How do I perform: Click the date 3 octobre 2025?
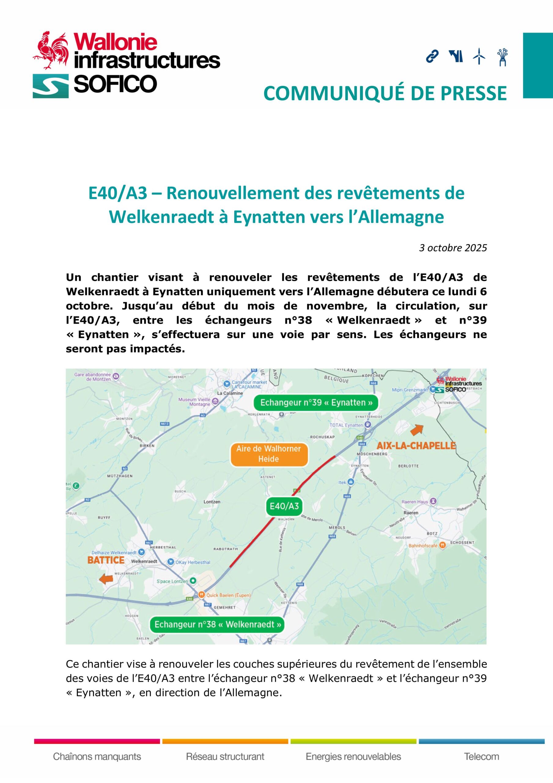(x=453, y=248)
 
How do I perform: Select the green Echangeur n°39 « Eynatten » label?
(x=316, y=403)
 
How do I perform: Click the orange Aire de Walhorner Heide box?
(x=269, y=454)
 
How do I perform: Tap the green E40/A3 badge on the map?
(x=284, y=506)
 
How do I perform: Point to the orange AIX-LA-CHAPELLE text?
(x=416, y=445)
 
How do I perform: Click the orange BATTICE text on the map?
(x=106, y=560)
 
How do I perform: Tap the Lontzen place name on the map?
(x=212, y=502)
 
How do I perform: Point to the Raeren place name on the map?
(x=411, y=513)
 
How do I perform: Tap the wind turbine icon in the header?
(x=479, y=56)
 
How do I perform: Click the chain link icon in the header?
(x=432, y=56)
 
